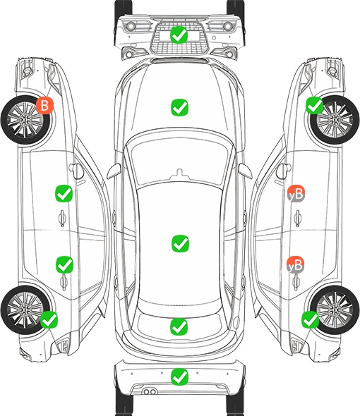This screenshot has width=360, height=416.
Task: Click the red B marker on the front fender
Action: [45, 105]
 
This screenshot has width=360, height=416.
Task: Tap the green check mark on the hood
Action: [179, 107]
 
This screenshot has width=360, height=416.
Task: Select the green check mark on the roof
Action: [181, 243]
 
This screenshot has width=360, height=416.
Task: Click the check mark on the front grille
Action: [179, 35]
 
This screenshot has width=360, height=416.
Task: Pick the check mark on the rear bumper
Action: [179, 377]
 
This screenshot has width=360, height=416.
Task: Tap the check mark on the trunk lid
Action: [179, 326]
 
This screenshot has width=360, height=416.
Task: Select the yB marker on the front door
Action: [296, 193]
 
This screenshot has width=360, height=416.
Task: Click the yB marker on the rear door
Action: [296, 264]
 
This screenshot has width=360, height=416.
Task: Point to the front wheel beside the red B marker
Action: [25, 120]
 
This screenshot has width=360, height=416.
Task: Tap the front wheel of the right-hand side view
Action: [335, 120]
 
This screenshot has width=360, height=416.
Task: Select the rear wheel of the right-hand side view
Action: [335, 310]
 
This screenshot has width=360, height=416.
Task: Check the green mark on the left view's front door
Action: [64, 194]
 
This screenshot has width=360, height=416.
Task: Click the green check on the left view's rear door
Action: [64, 264]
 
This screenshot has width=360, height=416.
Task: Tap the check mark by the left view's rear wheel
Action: [49, 319]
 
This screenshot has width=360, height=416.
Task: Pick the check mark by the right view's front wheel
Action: [315, 105]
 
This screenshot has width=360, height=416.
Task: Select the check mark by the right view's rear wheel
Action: [310, 319]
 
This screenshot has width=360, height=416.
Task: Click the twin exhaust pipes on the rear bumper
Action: [150, 391]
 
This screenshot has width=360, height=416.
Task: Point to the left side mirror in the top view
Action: [114, 171]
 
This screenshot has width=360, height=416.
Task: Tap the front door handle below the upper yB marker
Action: [297, 218]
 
